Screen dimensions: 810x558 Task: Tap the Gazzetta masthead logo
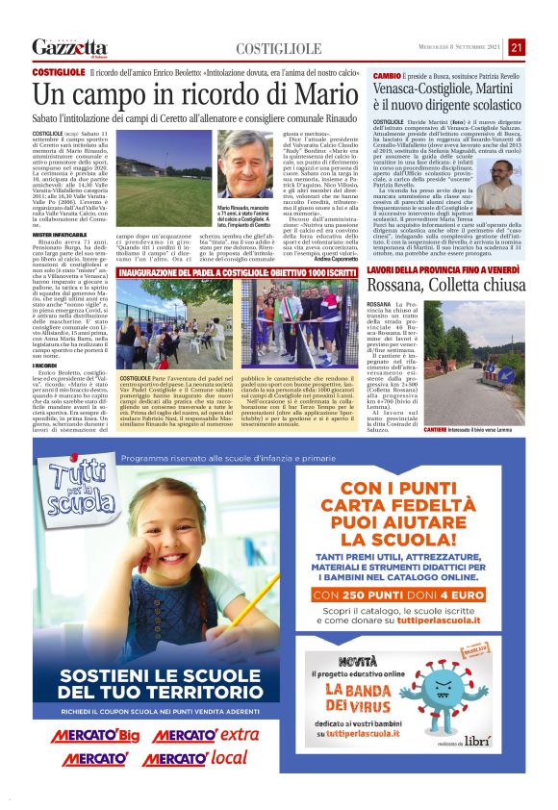(69, 47)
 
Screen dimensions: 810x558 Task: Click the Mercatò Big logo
(96, 736)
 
